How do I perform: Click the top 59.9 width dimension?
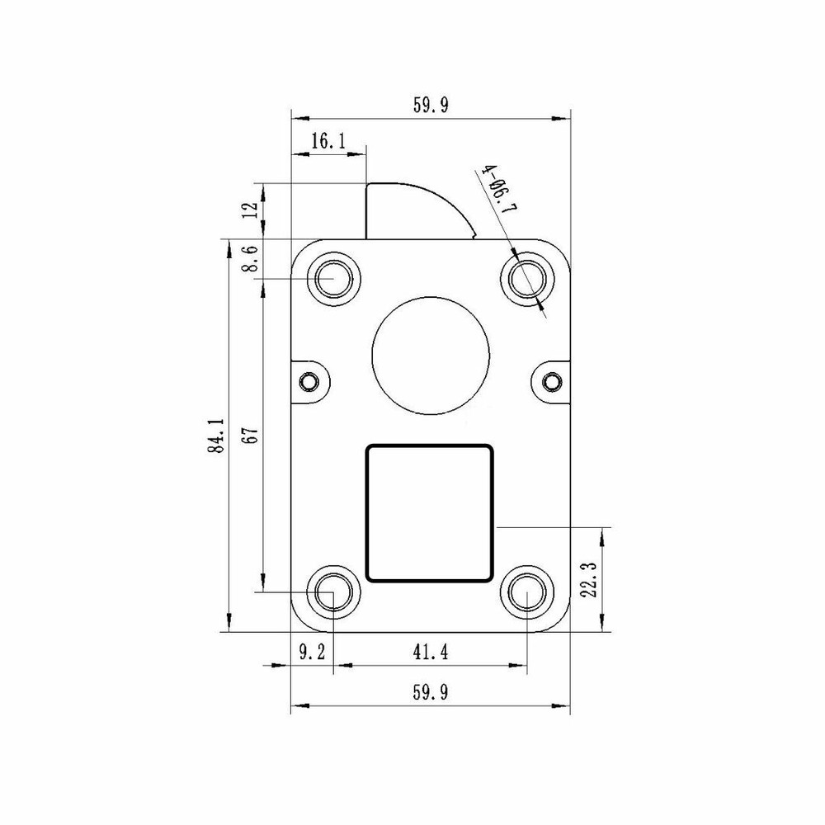point(431,106)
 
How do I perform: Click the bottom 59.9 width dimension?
point(431,693)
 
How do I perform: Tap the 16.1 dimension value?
point(328,142)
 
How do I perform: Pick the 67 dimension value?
point(252,436)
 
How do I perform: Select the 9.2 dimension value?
point(311,653)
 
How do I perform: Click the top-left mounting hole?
point(334,280)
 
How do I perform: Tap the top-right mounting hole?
point(528,280)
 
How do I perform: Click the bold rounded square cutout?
point(429,513)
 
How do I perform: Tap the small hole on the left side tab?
point(309,382)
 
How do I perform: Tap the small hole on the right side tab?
point(551,382)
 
